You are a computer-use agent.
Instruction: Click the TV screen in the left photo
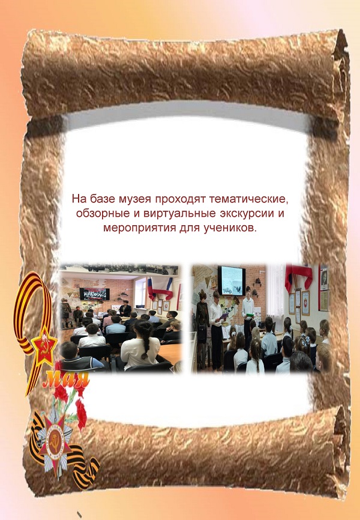pyautogui.click(x=94, y=294)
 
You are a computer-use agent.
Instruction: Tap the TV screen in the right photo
pyautogui.click(x=232, y=280)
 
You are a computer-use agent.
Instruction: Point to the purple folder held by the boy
pyautogui.click(x=224, y=316)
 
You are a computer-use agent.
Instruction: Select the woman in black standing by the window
pyautogui.click(x=125, y=309)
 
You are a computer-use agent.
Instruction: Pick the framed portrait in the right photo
pyautogui.click(x=324, y=278)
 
